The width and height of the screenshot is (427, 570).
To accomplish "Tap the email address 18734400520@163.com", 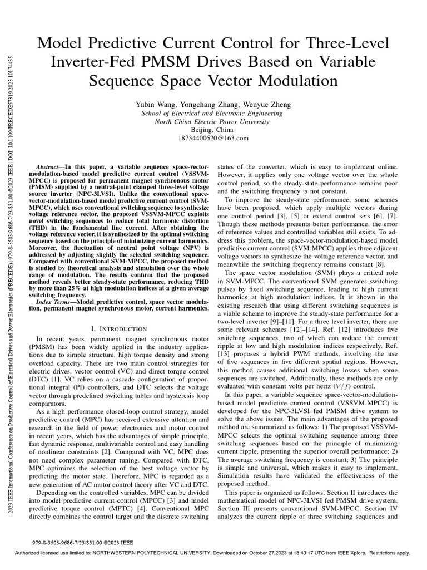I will click(x=213, y=138).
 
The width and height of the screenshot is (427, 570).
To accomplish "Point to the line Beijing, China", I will click(x=213, y=130).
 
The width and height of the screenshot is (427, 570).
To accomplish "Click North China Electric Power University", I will click(x=213, y=121).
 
